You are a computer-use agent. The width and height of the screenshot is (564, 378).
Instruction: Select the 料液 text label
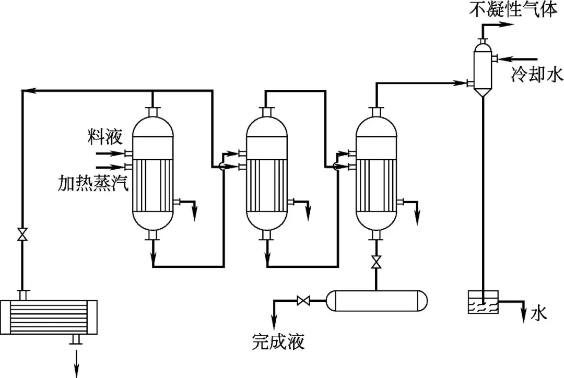point(104,137)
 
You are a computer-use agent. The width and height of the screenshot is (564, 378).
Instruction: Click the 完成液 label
point(277,342)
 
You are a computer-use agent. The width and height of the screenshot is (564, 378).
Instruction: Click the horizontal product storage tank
point(376,301)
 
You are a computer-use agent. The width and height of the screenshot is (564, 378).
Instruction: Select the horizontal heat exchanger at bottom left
point(49,317)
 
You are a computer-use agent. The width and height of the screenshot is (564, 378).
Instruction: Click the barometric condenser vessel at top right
point(483,68)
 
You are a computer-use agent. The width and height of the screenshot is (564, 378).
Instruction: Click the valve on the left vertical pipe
point(22,234)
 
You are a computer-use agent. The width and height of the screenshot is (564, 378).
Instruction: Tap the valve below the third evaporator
point(375,262)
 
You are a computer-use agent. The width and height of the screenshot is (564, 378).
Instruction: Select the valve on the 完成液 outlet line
point(302,301)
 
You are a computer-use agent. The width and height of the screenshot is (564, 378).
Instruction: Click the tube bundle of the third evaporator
point(375,185)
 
